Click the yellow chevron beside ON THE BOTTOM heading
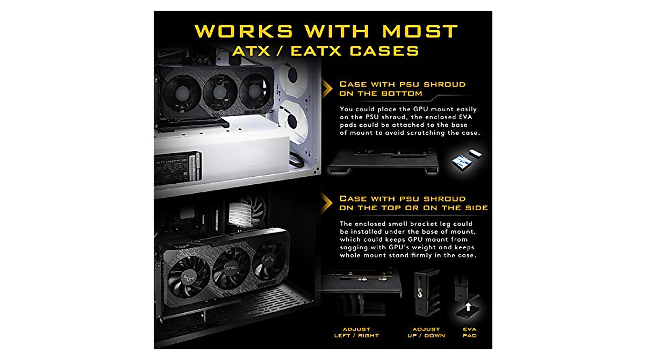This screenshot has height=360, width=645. coord(326,89)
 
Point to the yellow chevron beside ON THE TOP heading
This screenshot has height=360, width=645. coord(326,203)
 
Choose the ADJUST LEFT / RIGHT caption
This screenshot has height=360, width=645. coord(360,332)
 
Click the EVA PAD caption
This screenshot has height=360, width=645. coord(469,332)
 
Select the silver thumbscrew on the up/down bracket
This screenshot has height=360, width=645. coord(418,291)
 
